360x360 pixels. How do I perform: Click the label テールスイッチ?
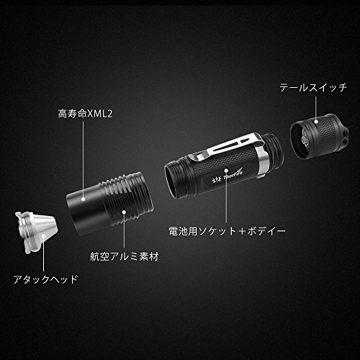(x=313, y=88)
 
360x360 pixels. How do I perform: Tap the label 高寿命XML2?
(x=85, y=114)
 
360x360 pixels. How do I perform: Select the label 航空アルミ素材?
(x=125, y=256)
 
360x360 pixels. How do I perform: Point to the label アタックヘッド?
(x=45, y=279)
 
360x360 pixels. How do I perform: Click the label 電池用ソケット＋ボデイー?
(x=227, y=231)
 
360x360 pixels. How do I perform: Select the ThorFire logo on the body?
(x=228, y=176)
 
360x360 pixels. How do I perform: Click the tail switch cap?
(x=319, y=136)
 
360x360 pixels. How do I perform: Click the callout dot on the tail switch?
(x=316, y=121)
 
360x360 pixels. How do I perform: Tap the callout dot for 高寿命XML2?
(x=84, y=199)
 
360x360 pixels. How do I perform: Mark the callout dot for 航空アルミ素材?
(x=124, y=212)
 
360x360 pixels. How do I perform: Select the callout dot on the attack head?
(x=43, y=237)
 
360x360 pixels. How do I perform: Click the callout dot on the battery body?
(x=226, y=170)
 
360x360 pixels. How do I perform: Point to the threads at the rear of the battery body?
(x=274, y=149)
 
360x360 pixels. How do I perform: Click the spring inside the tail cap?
(x=305, y=140)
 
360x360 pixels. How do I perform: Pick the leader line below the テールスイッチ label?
(x=316, y=108)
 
